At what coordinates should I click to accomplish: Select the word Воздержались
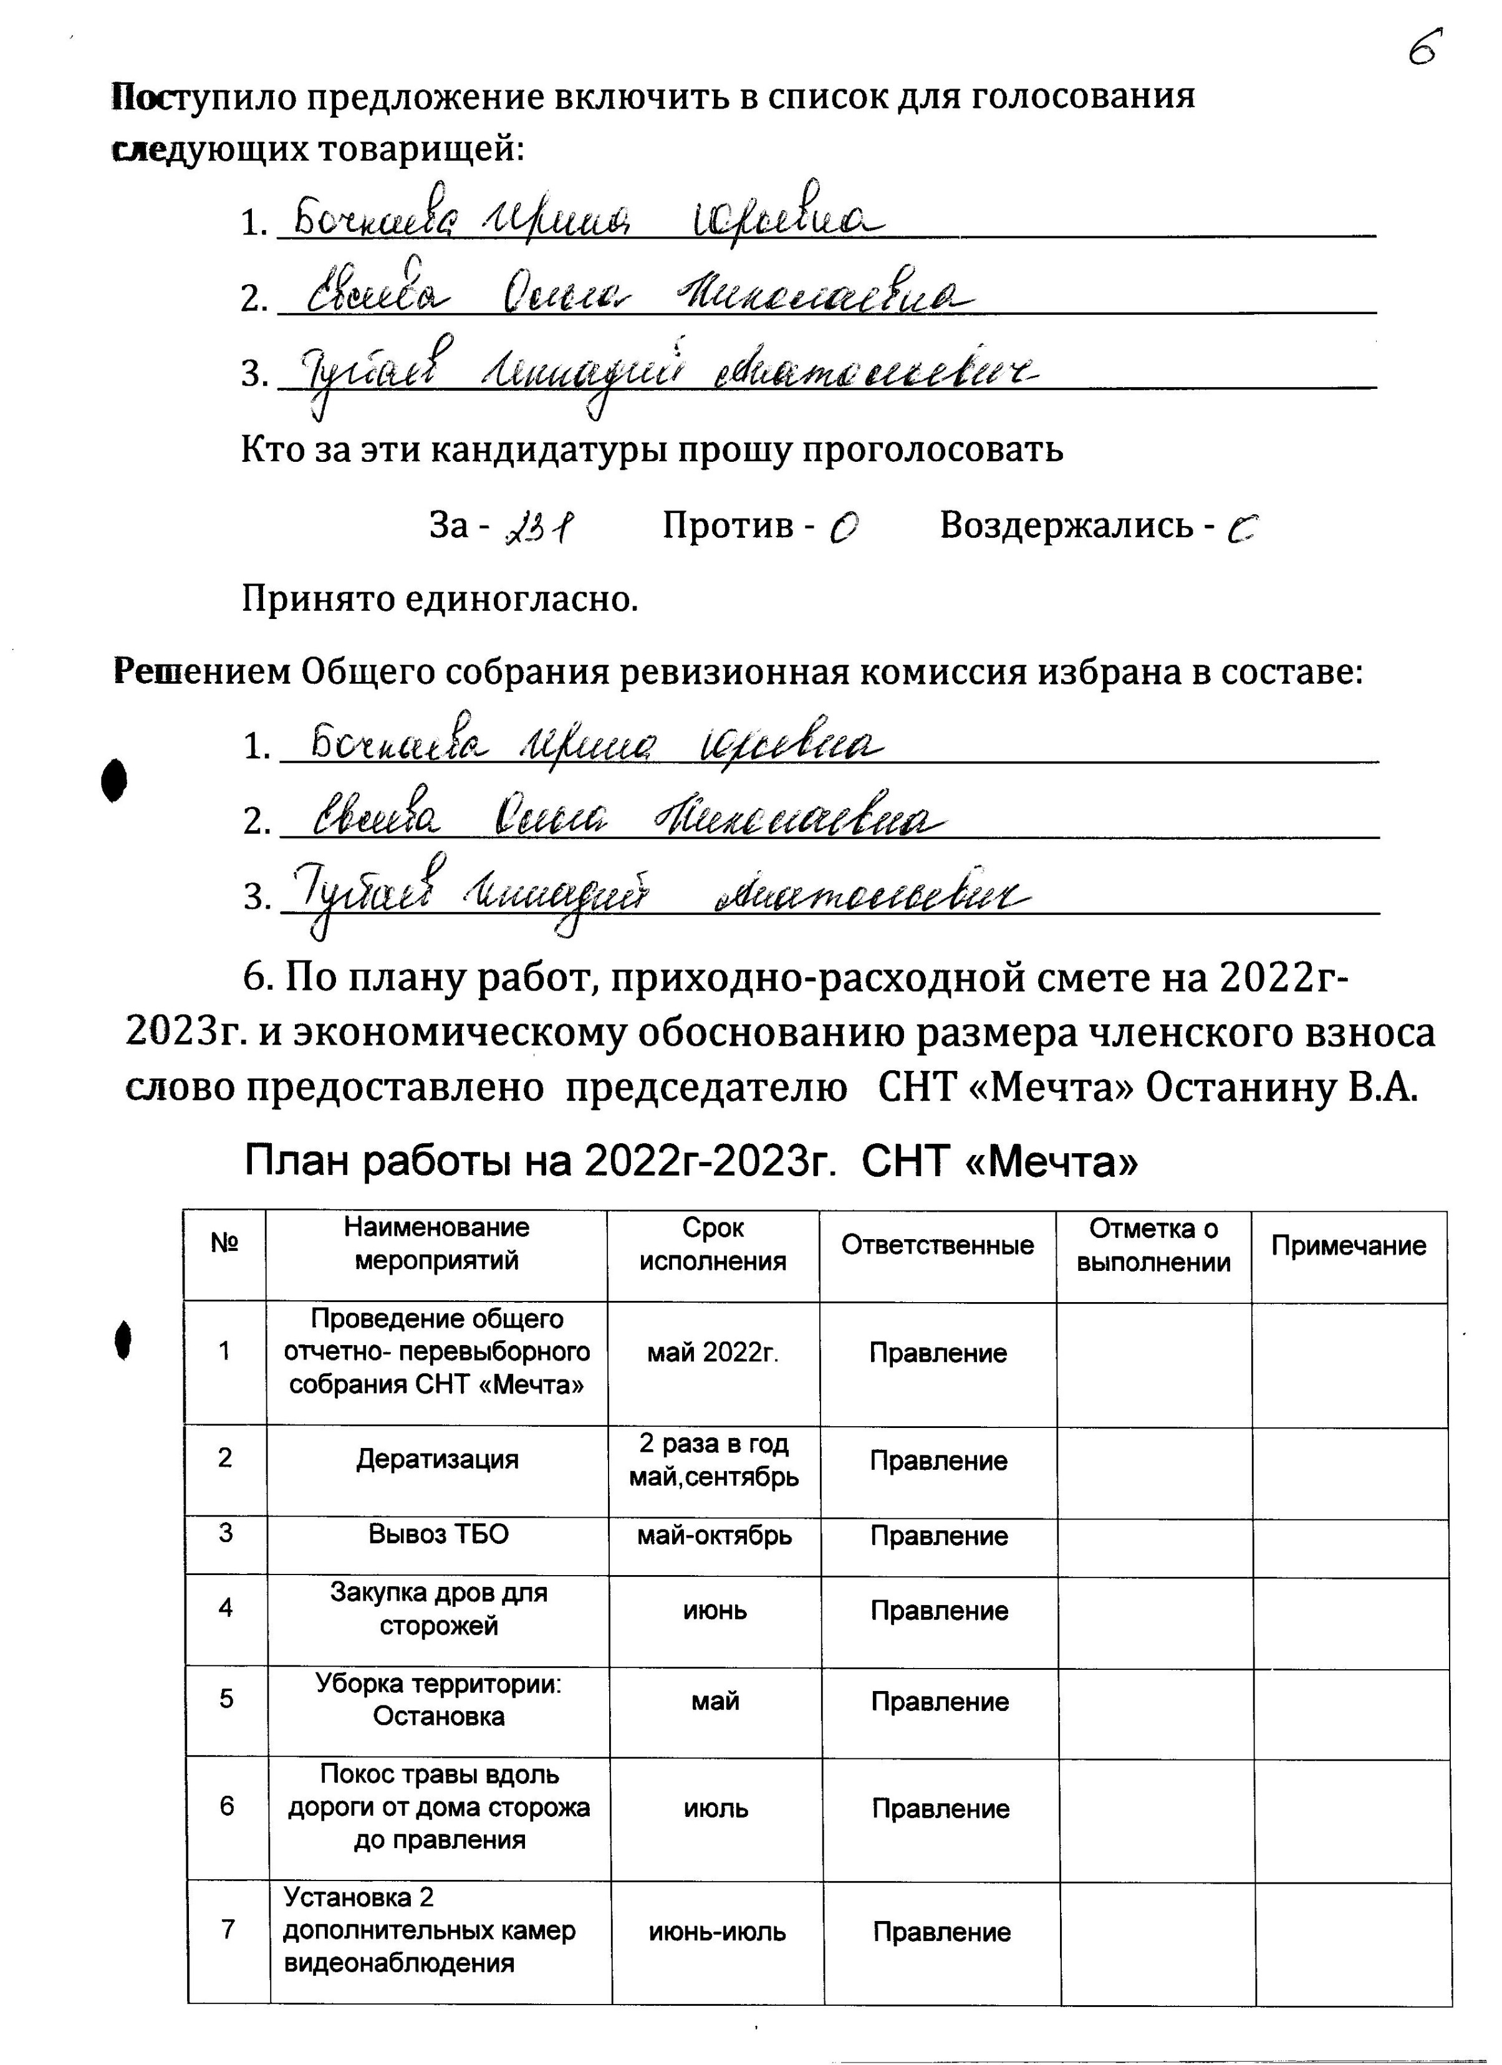(1066, 525)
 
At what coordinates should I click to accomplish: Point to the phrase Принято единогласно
(439, 599)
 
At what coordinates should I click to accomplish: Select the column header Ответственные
(937, 1245)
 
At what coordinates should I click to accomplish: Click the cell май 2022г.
(713, 1353)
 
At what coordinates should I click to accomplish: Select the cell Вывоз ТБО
(438, 1535)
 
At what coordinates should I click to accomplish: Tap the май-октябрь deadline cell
(714, 1536)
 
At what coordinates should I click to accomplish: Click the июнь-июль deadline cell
(717, 1932)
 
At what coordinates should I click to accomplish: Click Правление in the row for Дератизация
(938, 1462)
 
